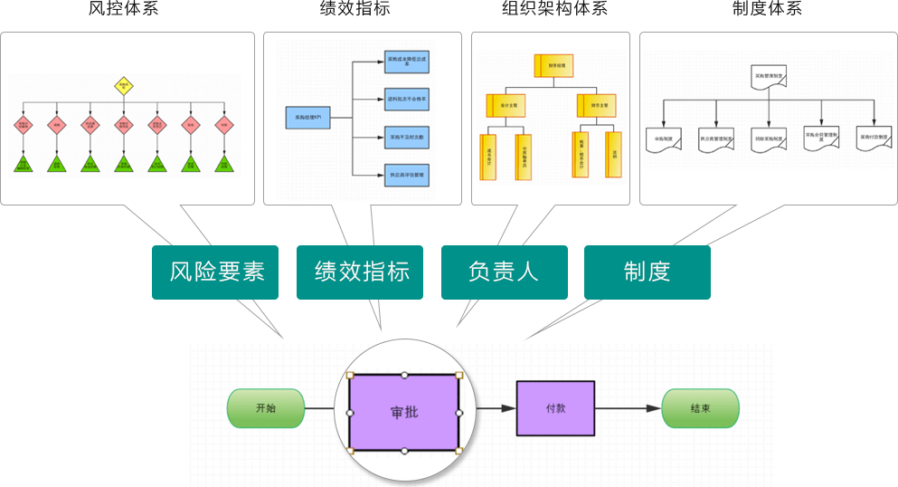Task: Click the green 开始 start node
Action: (266, 408)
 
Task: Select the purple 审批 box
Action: (403, 412)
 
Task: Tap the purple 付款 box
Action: (555, 408)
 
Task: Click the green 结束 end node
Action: (700, 408)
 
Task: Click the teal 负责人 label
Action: (504, 272)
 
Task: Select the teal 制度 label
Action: (647, 272)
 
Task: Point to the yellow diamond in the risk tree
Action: (124, 87)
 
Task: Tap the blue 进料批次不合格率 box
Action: (406, 99)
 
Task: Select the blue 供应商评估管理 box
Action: (406, 175)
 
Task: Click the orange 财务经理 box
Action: (554, 66)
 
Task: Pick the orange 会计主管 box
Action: (510, 106)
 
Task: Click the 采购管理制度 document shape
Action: (769, 77)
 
